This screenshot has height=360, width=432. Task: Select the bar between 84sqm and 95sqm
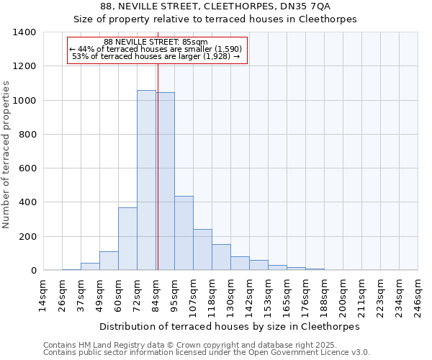pos(165,181)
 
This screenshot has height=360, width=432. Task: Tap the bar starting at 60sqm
pos(127,239)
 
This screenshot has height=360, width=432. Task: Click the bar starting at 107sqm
pos(202,249)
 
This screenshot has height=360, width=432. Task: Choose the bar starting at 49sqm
pos(109,261)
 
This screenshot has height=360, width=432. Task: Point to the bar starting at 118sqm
pos(221,257)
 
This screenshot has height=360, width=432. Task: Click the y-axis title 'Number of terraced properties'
pos(6,154)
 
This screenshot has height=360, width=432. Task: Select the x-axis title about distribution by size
pos(229,326)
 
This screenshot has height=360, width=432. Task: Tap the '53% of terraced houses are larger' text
pos(156,56)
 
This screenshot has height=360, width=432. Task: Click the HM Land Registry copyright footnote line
pos(206,346)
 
